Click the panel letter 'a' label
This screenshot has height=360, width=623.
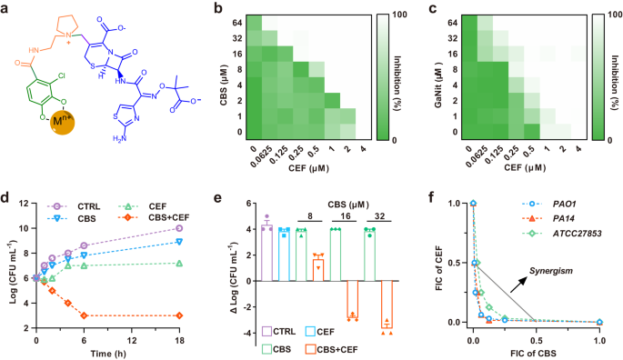pyautogui.click(x=8, y=8)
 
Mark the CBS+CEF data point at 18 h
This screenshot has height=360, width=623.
pyautogui.click(x=179, y=315)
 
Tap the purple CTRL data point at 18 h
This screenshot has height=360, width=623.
pyautogui.click(x=179, y=228)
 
